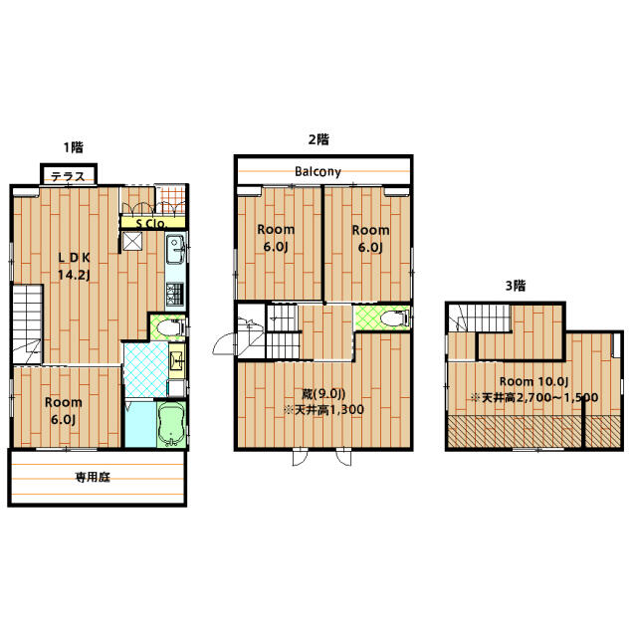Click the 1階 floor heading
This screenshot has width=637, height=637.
tap(73, 147)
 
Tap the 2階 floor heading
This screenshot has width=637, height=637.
tap(318, 139)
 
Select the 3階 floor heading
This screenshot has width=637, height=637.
tap(516, 286)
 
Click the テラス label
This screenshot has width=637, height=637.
tap(68, 177)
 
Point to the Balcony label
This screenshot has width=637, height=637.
tap(318, 171)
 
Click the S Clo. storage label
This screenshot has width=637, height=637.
tap(151, 223)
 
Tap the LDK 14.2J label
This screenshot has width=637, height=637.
tap(74, 266)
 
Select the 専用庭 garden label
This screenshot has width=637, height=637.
tap(93, 477)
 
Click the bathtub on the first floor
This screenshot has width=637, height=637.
tap(171, 425)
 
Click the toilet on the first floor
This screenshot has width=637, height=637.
tap(170, 326)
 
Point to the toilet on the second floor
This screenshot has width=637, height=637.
tap(395, 318)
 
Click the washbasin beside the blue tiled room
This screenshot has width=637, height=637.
tap(177, 360)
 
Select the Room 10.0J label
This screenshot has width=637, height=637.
tap(533, 381)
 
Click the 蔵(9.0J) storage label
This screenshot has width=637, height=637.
tap(323, 394)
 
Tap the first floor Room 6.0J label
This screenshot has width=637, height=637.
tap(64, 411)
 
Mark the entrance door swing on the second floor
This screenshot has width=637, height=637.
tap(224, 343)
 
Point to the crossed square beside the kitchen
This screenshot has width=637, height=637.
tap(132, 242)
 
